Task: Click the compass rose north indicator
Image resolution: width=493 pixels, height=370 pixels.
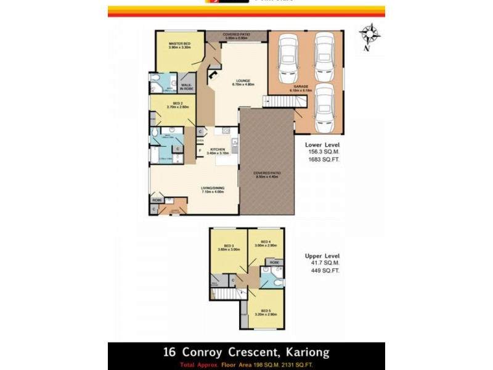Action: (370, 35)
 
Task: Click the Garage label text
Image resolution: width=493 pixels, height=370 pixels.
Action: (301, 86)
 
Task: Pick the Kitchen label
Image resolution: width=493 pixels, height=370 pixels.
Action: (217, 149)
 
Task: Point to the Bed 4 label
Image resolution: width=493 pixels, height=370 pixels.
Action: (266, 241)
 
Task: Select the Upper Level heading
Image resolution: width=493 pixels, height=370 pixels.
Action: (322, 255)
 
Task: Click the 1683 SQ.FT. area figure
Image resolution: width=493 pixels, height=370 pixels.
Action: (323, 159)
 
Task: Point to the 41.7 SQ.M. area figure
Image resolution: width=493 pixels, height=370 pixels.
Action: (323, 263)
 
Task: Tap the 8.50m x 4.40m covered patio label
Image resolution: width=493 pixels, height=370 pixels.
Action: (266, 175)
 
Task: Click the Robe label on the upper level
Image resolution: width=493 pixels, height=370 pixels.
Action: (274, 262)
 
